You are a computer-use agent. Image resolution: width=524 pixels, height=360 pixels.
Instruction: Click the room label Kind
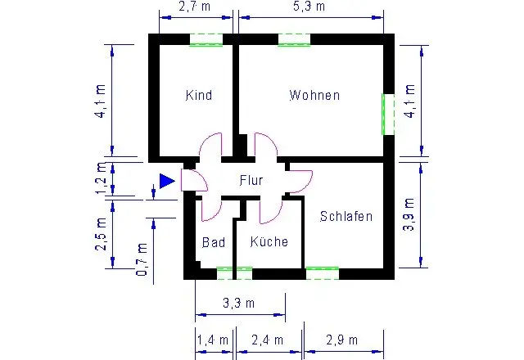pyautogui.click(x=199, y=95)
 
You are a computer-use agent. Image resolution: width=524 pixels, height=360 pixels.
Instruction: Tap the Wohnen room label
pyautogui.click(x=314, y=95)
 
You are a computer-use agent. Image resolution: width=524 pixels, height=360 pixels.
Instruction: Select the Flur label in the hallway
pyautogui.click(x=251, y=180)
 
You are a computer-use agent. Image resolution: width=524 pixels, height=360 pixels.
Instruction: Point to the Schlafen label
pyautogui.click(x=346, y=216)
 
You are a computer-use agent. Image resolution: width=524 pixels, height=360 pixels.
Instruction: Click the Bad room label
pyautogui.click(x=214, y=242)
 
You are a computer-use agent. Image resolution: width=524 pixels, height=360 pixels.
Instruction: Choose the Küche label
pyautogui.click(x=269, y=241)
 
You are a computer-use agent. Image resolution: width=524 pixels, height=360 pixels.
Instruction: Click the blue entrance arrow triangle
pyautogui.click(x=167, y=181)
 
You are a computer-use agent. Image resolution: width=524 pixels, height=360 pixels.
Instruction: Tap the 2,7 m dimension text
pyautogui.click(x=195, y=7)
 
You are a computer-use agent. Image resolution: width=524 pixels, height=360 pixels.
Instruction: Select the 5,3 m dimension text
pyautogui.click(x=309, y=7)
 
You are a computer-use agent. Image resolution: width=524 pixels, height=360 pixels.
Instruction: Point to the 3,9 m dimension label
pyautogui.click(x=409, y=214)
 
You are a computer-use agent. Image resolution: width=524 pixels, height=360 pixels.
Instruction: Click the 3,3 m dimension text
pyautogui.click(x=238, y=304)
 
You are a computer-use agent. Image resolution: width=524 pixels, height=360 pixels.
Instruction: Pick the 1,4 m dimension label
pyautogui.click(x=213, y=340)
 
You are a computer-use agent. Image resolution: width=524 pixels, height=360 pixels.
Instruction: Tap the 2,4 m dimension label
pyautogui.click(x=268, y=340)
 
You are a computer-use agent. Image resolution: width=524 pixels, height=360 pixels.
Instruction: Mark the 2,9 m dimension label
pyautogui.click(x=342, y=340)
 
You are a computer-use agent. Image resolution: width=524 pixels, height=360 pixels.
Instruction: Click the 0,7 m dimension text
pyautogui.click(x=142, y=259)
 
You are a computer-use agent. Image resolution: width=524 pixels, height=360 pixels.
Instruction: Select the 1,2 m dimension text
pyautogui.click(x=102, y=178)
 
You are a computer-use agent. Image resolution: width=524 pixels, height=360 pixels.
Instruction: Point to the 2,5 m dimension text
pyautogui.click(x=102, y=234)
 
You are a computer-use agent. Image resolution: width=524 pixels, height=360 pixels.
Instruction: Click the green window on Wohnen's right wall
pyautogui.click(x=388, y=115)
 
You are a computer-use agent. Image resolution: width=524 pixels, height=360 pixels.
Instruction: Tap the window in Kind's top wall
pyautogui.click(x=206, y=40)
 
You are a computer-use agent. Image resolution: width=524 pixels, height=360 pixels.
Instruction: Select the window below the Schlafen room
pyautogui.click(x=323, y=273)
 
